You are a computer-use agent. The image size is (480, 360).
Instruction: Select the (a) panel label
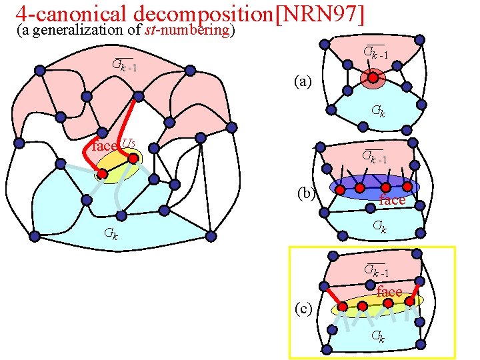click(303, 81)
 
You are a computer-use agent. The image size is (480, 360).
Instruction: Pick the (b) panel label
click(307, 193)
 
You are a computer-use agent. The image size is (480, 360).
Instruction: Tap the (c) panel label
click(304, 308)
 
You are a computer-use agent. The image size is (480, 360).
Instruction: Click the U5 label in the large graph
click(129, 144)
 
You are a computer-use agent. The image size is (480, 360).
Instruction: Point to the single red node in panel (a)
click(373, 79)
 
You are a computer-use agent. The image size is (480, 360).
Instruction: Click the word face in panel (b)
click(392, 200)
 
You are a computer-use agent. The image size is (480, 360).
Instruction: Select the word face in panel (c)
click(389, 292)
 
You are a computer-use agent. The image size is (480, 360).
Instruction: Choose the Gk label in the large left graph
click(111, 233)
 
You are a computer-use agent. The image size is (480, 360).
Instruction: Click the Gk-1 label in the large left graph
click(125, 65)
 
